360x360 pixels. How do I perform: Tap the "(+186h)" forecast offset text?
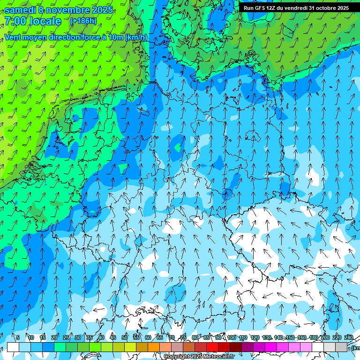[x=83, y=21]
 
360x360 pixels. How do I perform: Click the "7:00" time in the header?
[x=16, y=21]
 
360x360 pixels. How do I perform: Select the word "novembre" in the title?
[x=68, y=10]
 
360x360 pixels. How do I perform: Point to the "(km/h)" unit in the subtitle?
[x=136, y=37]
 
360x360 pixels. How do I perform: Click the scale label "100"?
[x=232, y=338]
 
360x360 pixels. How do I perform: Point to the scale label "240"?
[x=349, y=338]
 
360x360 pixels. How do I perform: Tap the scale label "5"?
[x=18, y=338]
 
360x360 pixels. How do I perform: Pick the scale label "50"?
[x=125, y=338]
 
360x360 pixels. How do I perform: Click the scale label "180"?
[x=314, y=338]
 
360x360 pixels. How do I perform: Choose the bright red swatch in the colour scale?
[x=212, y=347]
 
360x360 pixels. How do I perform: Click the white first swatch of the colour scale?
[x=13, y=347]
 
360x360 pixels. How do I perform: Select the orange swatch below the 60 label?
[x=154, y=347]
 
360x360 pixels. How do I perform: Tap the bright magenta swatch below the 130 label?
[x=271, y=347]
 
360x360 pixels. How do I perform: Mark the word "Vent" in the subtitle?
[x=14, y=37]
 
